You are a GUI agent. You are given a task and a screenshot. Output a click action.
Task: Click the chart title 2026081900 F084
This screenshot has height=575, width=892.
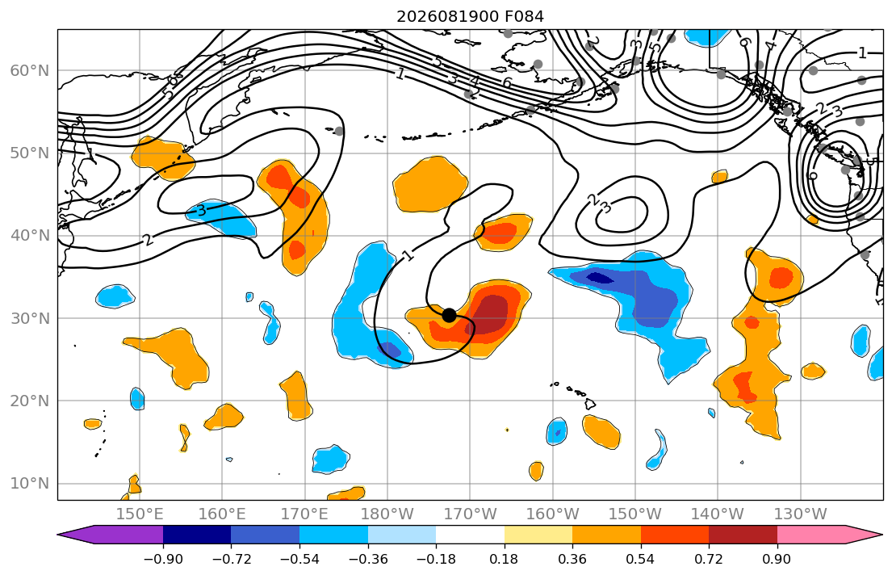(x=470, y=16)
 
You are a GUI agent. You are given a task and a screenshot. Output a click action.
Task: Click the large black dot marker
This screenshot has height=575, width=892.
(x=449, y=315)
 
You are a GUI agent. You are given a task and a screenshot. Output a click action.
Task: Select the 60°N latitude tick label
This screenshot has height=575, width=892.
(x=30, y=70)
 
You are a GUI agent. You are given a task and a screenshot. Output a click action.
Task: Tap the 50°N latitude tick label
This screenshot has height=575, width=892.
(x=30, y=153)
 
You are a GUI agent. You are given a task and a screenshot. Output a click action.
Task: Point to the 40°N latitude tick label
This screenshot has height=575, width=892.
(x=30, y=236)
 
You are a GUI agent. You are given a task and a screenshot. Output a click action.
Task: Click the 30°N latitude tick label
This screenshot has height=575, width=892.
(x=30, y=318)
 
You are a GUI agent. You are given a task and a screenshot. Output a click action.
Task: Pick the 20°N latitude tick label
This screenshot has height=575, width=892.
(x=30, y=401)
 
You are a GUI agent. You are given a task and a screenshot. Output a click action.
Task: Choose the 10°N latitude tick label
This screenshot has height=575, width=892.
(x=30, y=484)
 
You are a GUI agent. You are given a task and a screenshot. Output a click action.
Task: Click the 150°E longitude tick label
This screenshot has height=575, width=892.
(x=140, y=514)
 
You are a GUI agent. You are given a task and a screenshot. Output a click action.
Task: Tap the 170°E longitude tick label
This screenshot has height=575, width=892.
(x=305, y=514)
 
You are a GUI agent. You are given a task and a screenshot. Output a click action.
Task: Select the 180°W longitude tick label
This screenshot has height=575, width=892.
(x=387, y=514)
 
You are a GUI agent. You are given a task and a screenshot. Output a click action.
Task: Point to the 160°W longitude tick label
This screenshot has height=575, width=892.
(x=553, y=514)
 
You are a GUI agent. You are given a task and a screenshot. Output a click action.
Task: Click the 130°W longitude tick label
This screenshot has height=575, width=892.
(x=801, y=514)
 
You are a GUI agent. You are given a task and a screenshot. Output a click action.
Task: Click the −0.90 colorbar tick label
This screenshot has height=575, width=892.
(x=163, y=560)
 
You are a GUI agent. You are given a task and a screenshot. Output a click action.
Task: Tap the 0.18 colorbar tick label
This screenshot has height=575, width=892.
(x=504, y=560)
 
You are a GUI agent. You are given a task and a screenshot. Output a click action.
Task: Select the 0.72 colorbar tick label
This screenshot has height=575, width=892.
(x=709, y=560)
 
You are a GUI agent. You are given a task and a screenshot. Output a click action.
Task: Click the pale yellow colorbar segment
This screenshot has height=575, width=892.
(x=538, y=535)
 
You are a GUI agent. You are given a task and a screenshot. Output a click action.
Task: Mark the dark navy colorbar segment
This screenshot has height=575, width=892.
(x=197, y=535)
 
